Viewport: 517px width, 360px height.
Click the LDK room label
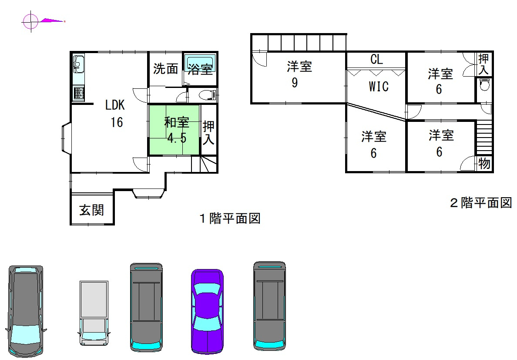115,105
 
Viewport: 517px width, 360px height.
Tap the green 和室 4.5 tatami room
174,130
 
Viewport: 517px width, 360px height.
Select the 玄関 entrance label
91,211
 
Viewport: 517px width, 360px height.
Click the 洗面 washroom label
166,69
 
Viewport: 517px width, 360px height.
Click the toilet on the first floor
206,95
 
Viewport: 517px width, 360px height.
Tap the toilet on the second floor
483,85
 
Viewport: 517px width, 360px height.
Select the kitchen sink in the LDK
78,65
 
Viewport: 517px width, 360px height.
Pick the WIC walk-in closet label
379,87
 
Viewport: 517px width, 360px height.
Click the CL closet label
377,60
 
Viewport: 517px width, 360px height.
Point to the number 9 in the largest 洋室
295,83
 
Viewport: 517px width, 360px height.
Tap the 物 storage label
484,164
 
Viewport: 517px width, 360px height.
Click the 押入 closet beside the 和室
208,133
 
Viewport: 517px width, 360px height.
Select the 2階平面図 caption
480,203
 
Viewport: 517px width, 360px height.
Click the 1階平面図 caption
230,218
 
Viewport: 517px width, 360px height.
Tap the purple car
207,310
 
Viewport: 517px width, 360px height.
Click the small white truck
94,313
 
